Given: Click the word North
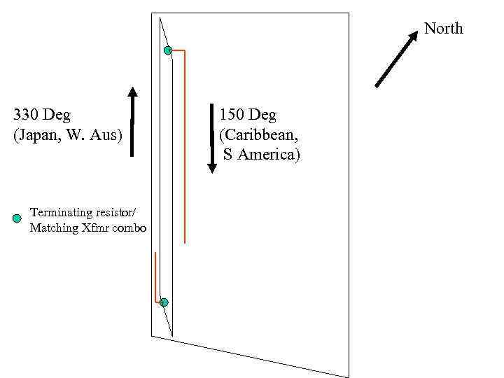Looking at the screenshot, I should tap(444, 29).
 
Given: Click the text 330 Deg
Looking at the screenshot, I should tap(42, 113).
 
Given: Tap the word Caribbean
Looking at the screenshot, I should tap(259, 133).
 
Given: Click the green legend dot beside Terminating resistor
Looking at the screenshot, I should tap(17, 218).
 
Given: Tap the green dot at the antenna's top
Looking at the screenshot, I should tap(168, 50).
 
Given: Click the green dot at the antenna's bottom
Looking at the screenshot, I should tap(164, 302).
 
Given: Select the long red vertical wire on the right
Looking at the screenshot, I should tap(185, 147).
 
